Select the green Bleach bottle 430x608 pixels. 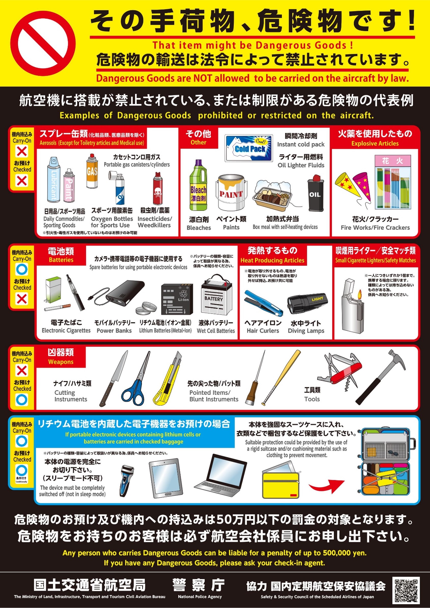coord(198,185)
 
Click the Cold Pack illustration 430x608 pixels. coord(249,148)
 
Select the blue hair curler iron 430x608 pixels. coord(263,303)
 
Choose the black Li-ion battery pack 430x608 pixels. coord(177,299)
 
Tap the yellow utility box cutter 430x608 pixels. coord(167,379)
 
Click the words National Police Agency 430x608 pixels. coord(200,597)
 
